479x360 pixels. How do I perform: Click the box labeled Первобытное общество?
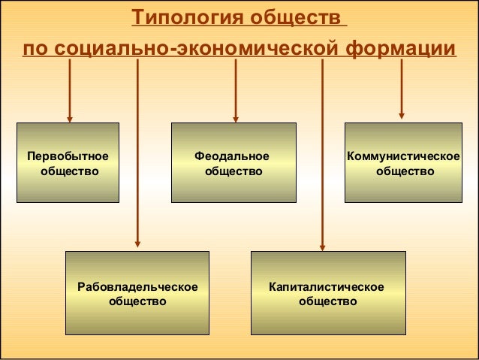pos(69,163)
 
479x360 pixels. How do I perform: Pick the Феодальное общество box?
pos(232,163)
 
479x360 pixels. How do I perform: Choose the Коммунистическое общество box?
pos(403,163)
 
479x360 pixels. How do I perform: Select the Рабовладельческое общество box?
pos(137,293)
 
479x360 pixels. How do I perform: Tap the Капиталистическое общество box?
pos(327,293)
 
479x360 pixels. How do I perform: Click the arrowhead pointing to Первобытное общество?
pos(70,117)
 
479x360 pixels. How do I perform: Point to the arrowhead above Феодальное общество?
pos(236,117)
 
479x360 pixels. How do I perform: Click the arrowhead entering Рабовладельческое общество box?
pos(137,243)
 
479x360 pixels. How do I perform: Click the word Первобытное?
pos(68,156)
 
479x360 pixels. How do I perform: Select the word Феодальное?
pos(232,156)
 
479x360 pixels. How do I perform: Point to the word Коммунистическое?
pos(403,156)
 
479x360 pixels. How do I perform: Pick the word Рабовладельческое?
pos(137,287)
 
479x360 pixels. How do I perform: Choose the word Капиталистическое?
pos(327,287)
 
